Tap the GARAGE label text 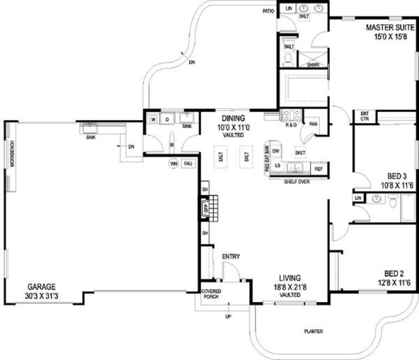[x=42, y=287]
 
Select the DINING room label [x=233, y=118]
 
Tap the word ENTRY [x=231, y=256]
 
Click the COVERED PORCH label [x=211, y=293]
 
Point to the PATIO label [x=268, y=10]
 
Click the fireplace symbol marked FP [x=207, y=208]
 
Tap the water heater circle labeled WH [x=174, y=163]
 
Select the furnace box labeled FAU [x=188, y=163]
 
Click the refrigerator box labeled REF [x=319, y=169]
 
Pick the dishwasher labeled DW [x=276, y=151]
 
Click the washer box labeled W [x=153, y=119]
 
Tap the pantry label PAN [x=313, y=124]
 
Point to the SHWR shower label [x=313, y=65]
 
